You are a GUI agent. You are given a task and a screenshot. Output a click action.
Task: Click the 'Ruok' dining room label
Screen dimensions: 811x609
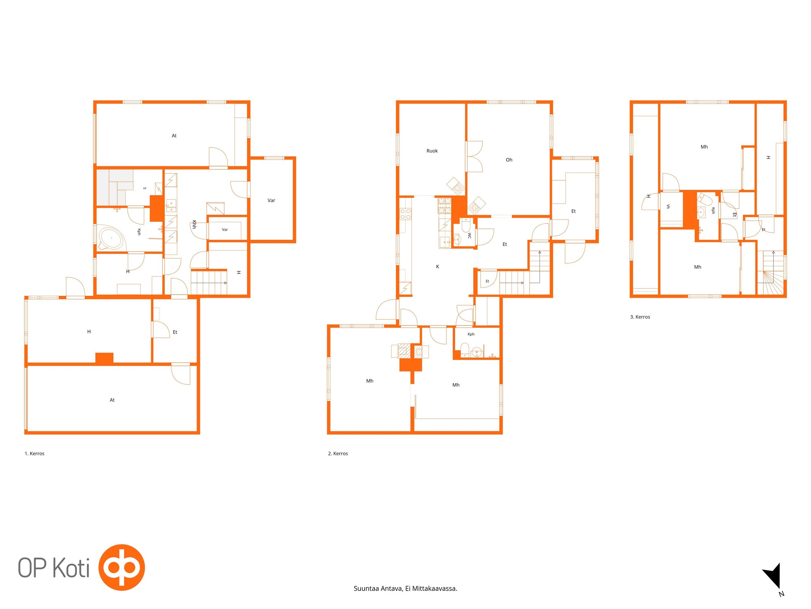click(432, 151)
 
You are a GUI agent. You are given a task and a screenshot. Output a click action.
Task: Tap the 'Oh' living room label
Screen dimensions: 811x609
click(509, 160)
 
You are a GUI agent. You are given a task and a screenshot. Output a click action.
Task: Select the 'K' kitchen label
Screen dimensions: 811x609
click(437, 267)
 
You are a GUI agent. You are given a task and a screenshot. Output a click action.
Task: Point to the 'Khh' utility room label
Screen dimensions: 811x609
click(194, 225)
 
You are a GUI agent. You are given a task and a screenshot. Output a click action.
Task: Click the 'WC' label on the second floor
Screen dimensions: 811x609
click(469, 236)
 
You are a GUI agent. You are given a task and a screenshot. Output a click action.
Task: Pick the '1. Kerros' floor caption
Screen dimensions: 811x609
click(35, 454)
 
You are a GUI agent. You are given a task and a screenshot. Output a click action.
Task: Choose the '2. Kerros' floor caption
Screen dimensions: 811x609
click(338, 454)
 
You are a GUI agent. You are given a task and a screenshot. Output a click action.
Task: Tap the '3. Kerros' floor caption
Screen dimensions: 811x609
click(640, 317)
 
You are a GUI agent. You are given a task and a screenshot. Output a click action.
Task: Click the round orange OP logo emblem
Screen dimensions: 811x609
click(122, 568)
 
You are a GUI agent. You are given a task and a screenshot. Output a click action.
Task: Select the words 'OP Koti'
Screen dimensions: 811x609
click(54, 568)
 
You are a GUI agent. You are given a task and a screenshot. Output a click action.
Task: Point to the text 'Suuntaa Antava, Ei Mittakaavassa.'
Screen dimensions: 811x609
click(405, 588)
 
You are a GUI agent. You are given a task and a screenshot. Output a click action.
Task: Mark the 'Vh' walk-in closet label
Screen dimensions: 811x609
click(668, 207)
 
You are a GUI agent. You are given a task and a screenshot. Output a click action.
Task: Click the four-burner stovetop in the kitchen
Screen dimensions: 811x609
click(405, 214)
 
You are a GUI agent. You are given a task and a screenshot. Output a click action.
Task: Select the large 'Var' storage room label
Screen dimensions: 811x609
click(271, 201)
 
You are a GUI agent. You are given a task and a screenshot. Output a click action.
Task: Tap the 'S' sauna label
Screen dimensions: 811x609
click(144, 188)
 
